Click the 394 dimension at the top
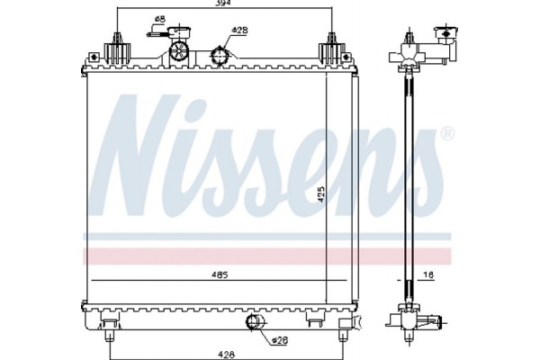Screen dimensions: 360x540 (x=222, y=5)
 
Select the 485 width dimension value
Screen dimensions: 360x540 (x=220, y=273)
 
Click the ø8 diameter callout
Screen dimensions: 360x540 (x=159, y=19)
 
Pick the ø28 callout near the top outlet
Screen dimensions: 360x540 (x=239, y=30)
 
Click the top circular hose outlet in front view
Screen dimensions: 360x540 (x=218, y=56)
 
